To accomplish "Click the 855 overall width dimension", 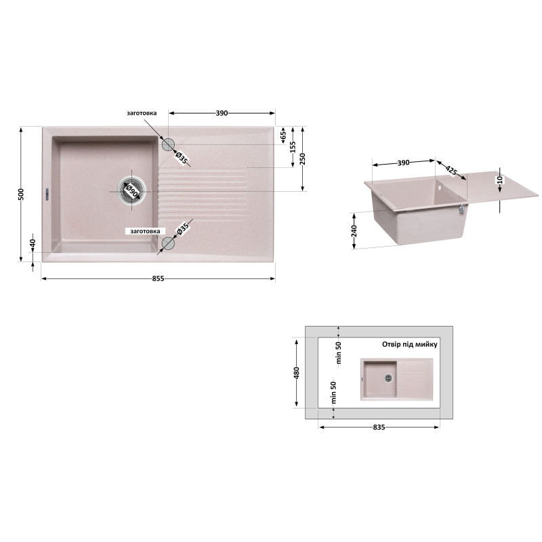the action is click(x=159, y=278).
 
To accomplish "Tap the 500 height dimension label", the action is click(x=22, y=194).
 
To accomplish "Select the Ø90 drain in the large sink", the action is click(x=131, y=191).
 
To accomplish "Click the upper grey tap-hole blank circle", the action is click(x=168, y=144).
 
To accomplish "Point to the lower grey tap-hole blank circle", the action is click(x=168, y=243).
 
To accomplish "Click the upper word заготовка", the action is click(x=142, y=113).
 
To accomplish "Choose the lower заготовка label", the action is click(x=145, y=231).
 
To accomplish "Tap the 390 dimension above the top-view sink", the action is click(x=222, y=113).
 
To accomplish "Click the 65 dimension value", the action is click(x=283, y=135).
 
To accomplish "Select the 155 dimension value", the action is click(x=293, y=147).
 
